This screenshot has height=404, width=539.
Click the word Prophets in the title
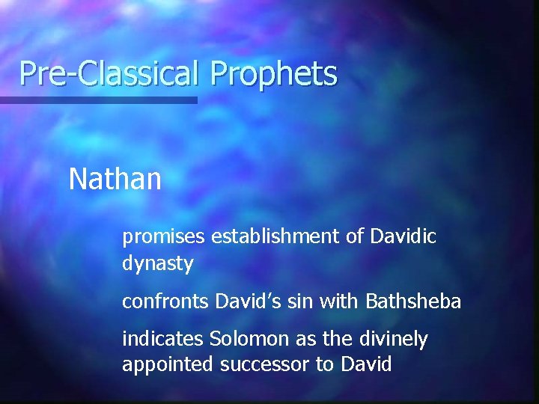click(x=274, y=74)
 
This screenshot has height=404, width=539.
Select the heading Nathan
click(x=115, y=180)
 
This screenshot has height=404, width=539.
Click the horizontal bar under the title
click(x=98, y=100)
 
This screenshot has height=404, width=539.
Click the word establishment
click(x=275, y=237)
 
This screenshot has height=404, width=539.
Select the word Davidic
click(x=403, y=237)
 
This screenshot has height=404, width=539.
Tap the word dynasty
click(x=158, y=264)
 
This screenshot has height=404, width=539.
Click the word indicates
click(x=162, y=339)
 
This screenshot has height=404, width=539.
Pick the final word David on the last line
click(x=367, y=366)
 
